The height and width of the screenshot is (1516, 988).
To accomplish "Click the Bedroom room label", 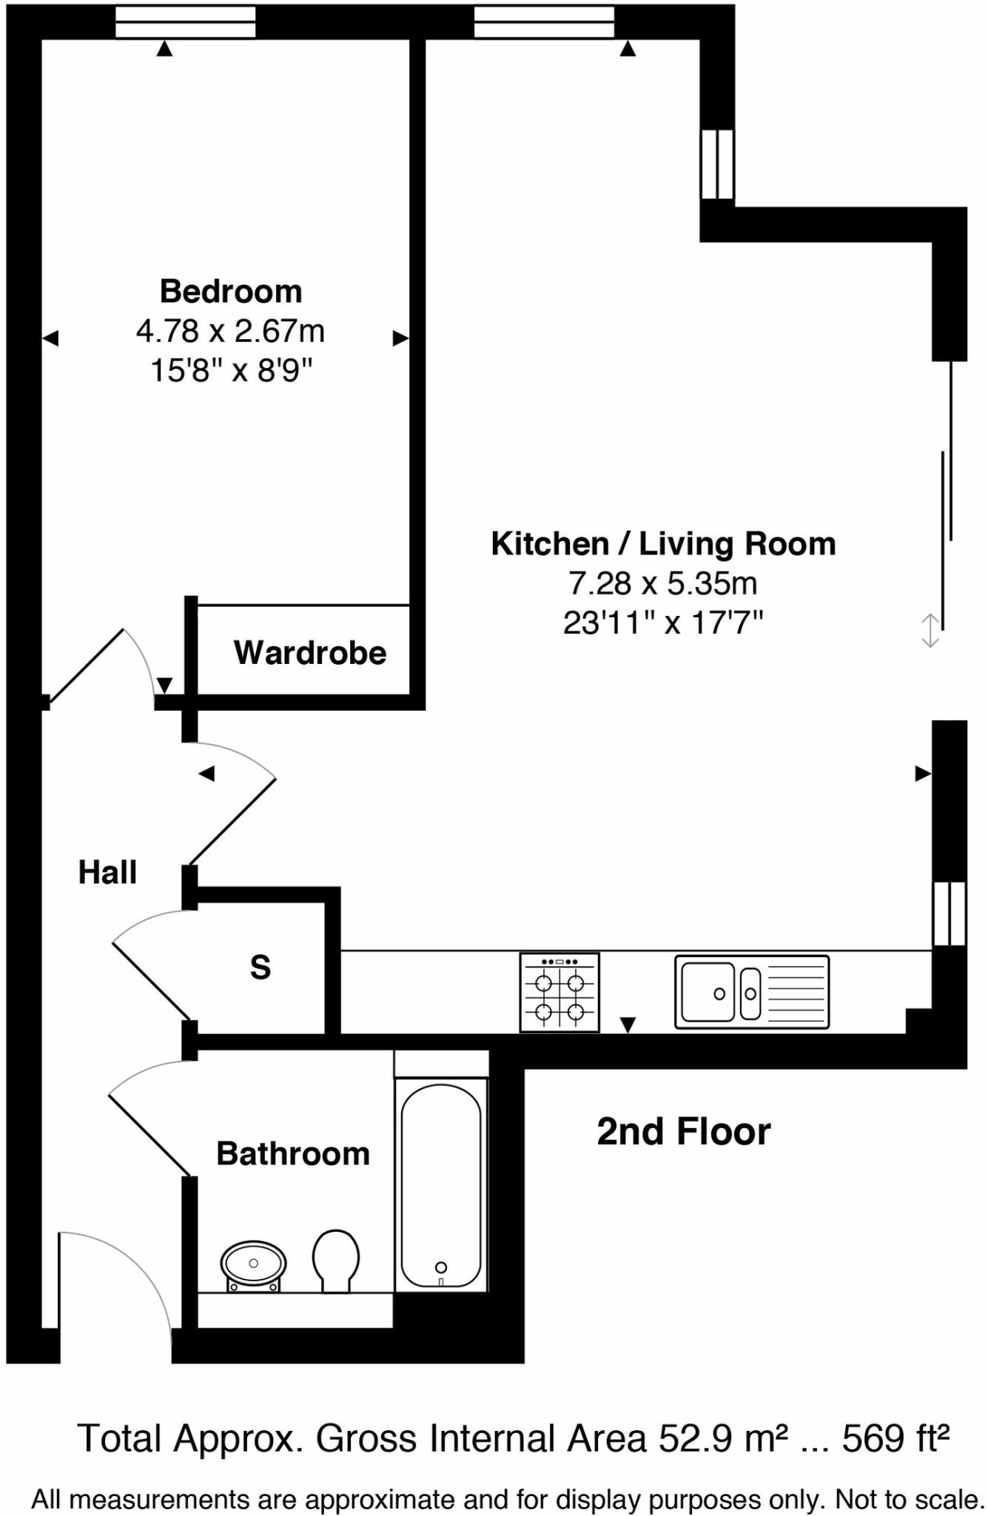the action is point(231,292).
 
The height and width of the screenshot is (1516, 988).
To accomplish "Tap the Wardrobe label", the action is point(310,653).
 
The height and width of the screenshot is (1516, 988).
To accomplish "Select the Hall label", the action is point(107,872).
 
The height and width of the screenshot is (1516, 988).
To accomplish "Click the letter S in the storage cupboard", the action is point(261,967).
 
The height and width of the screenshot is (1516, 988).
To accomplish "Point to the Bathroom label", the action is point(293,1153).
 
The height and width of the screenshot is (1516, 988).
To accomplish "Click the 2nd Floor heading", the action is point(684,1132).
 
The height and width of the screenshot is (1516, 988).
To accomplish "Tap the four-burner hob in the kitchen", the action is point(559,993).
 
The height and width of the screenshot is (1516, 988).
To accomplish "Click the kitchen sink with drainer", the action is point(752,992).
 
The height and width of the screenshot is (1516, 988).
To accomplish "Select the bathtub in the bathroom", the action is point(441,1185).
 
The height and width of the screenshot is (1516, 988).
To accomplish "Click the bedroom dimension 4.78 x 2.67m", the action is point(230,331).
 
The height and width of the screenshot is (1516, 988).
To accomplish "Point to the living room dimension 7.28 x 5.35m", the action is point(663,583).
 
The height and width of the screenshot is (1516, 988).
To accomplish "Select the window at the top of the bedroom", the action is point(186,22).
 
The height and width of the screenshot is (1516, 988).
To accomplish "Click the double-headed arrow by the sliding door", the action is point(930,631).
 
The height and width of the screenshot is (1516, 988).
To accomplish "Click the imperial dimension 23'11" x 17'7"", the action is point(663,623).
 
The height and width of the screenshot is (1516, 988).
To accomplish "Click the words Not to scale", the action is point(910,1500).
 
